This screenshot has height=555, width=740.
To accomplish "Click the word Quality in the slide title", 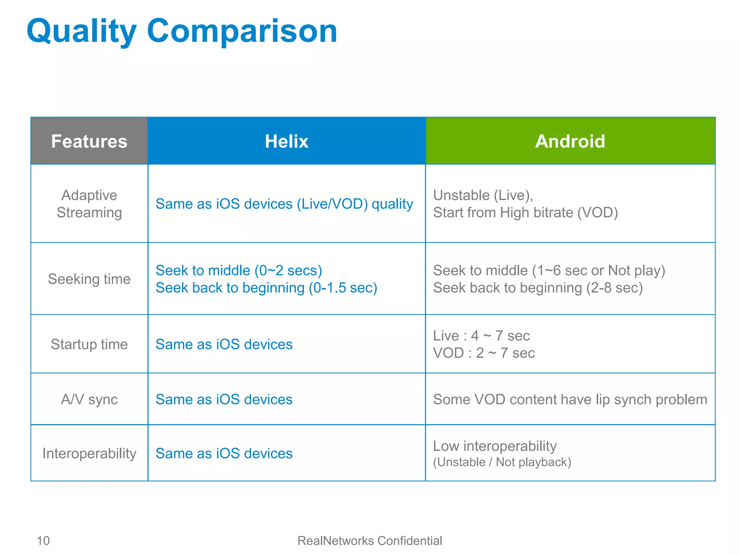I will [x=82, y=32].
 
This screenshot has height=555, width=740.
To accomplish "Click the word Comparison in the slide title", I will [x=242, y=32].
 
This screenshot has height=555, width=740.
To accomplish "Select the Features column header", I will [x=89, y=141].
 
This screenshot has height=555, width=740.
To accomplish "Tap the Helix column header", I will [x=287, y=141].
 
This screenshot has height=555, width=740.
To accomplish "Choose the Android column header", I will [x=570, y=141].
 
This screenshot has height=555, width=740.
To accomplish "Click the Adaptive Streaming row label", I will [x=89, y=204].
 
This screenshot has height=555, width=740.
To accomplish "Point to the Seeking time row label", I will [x=89, y=279].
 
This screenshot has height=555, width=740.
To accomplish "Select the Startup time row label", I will [x=89, y=344].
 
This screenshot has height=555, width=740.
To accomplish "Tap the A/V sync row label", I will [x=89, y=400].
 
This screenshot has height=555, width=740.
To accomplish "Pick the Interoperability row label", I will [x=89, y=453].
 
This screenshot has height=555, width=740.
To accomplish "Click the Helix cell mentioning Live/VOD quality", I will [x=284, y=204].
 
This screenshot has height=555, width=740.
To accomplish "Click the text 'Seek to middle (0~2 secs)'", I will [x=238, y=270].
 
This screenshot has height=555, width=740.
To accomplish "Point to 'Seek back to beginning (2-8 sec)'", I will [x=538, y=288].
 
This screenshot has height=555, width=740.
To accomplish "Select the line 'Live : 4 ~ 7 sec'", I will [x=481, y=336].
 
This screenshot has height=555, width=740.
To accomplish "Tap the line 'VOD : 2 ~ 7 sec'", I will [x=484, y=353].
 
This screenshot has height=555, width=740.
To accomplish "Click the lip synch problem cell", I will [x=570, y=400].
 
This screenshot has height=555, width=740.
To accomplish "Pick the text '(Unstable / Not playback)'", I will [x=502, y=462].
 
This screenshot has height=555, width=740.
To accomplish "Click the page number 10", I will [x=43, y=541].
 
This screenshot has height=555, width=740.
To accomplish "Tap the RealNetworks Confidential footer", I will [x=370, y=541].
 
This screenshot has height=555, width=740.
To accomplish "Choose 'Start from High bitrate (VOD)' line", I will [x=525, y=213].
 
